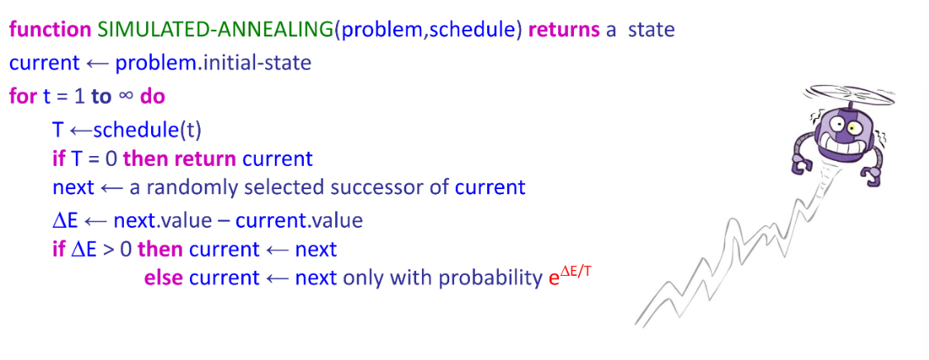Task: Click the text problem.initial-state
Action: tap(213, 64)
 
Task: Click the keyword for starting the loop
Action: tap(22, 96)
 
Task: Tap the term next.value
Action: tap(164, 220)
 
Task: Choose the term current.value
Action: tap(299, 220)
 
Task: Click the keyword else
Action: tap(163, 277)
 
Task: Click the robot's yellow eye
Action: tap(851, 128)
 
